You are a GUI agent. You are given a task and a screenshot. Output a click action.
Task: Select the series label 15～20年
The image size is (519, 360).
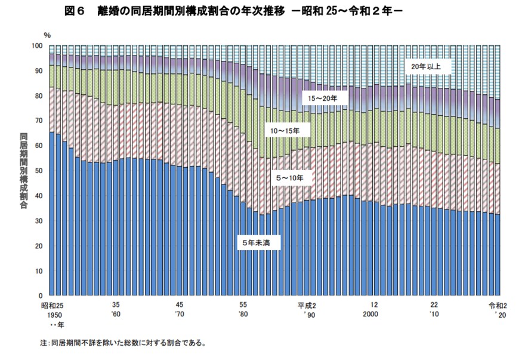pos(322,97)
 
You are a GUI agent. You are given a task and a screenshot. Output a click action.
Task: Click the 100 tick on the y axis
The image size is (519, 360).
pos(37,46)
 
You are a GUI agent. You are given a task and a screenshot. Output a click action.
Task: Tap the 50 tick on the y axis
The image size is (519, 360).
pos(39,171)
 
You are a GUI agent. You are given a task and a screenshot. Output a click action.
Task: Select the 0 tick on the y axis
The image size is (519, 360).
pos(41,296)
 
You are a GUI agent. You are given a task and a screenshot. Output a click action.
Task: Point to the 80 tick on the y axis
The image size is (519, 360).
pos(39,96)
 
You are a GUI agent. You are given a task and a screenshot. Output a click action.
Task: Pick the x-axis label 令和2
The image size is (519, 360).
pos(498,304)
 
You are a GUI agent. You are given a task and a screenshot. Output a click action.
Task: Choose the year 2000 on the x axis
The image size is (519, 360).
pos(372,314)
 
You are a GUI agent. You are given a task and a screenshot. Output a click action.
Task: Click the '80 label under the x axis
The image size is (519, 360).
pos(243,314)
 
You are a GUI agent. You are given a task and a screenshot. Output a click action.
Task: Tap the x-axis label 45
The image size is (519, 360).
pos(180,304)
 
